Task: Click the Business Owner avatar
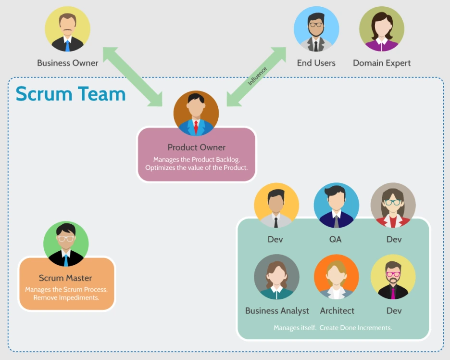[67, 29]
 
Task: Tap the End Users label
[316, 63]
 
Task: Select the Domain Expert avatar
[382, 29]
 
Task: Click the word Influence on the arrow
[257, 76]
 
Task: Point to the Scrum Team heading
[71, 93]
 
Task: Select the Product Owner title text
[196, 147]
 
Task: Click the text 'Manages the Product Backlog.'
[196, 159]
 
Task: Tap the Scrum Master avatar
[66, 244]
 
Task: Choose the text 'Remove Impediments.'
[66, 298]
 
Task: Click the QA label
[335, 239]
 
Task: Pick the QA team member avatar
[336, 205]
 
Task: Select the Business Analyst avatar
[276, 277]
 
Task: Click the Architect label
[337, 310]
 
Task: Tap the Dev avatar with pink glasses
[393, 277]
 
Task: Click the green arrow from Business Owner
[133, 77]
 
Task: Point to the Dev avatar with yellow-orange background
[276, 205]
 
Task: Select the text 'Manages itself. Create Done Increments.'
[333, 328]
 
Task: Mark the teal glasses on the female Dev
[393, 202]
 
